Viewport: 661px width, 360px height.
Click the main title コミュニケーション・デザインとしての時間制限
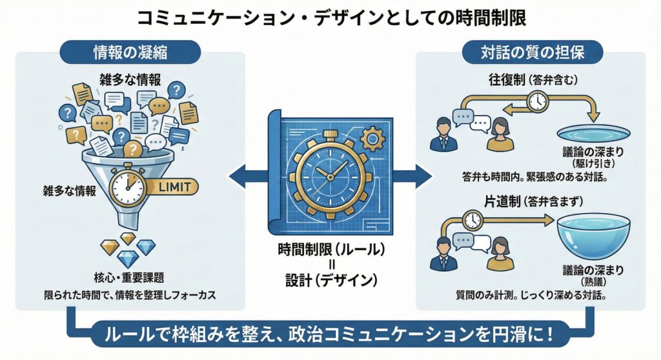[x=330, y=17]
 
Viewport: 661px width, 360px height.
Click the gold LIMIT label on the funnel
[x=174, y=187]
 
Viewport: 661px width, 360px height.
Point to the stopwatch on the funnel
[x=127, y=185]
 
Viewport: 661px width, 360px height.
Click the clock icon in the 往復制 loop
[x=536, y=101]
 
